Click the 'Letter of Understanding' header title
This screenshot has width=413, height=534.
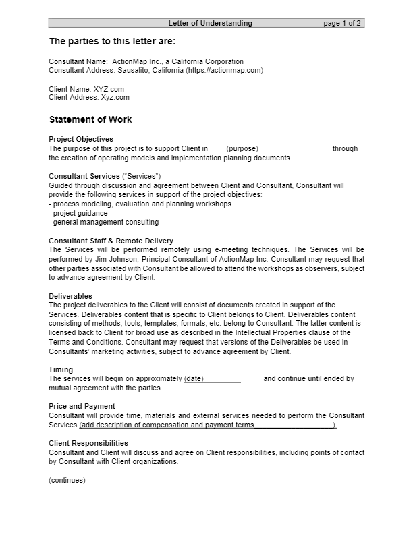(x=210, y=23)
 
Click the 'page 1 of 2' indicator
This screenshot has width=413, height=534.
(x=342, y=23)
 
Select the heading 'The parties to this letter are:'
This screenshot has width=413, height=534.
(x=112, y=41)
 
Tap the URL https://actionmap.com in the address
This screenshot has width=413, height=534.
(x=226, y=70)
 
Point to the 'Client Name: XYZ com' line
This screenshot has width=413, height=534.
(x=86, y=89)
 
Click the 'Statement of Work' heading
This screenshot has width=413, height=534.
(x=90, y=120)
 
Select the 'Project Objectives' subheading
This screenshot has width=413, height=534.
(x=81, y=140)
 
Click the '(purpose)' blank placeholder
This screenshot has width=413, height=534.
(x=242, y=149)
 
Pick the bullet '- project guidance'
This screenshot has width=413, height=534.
(x=78, y=213)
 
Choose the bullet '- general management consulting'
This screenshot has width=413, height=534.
(x=104, y=222)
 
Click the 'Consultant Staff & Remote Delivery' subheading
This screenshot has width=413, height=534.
(x=111, y=241)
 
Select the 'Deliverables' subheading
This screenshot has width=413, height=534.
(x=71, y=296)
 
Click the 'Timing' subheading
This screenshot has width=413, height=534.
(x=61, y=369)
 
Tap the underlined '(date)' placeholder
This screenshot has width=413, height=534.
(x=194, y=379)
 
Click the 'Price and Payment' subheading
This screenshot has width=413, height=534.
(x=82, y=406)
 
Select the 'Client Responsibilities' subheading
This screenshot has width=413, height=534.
(x=88, y=443)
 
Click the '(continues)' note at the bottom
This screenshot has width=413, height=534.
(x=67, y=480)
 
